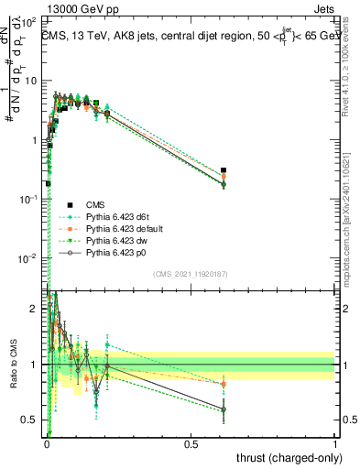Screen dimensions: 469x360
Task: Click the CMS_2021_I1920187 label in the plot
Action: tap(190, 274)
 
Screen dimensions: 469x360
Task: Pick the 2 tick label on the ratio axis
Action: tap(38, 310)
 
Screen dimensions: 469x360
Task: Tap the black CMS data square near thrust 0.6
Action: tap(224, 170)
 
